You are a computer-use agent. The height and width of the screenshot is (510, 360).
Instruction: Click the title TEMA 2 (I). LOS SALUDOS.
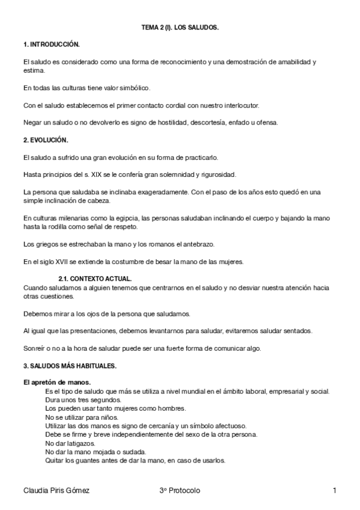[x=180, y=28]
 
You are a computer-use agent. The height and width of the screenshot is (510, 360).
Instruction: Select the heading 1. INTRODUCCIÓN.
[x=51, y=45]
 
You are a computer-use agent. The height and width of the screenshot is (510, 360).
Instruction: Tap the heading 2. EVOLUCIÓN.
[x=46, y=140]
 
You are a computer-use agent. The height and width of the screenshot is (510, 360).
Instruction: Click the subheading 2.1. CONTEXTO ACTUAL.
[x=95, y=279]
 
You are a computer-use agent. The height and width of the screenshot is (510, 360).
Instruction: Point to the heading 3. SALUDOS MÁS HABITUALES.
[x=69, y=366]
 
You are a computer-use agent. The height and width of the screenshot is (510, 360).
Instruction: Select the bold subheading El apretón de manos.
[x=57, y=382]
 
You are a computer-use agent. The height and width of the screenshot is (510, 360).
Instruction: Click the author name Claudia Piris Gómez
[x=56, y=491]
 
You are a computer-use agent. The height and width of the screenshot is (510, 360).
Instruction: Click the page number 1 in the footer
[x=334, y=491]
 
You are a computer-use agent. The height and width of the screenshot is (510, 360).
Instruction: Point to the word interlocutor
[x=236, y=105]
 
